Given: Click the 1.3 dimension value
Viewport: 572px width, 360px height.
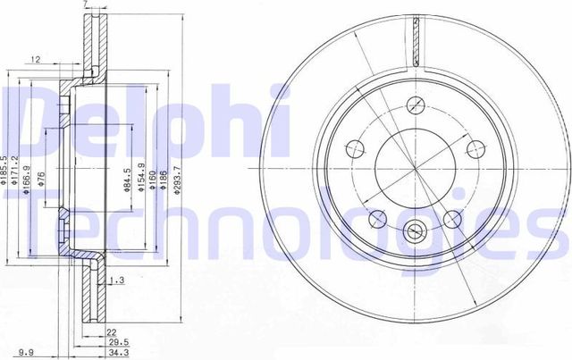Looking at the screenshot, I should pos(114,281).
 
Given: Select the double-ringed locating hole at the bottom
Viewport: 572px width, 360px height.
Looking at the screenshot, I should pos(416,233).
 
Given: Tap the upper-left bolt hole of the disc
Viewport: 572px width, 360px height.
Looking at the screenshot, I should pos(354,147).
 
